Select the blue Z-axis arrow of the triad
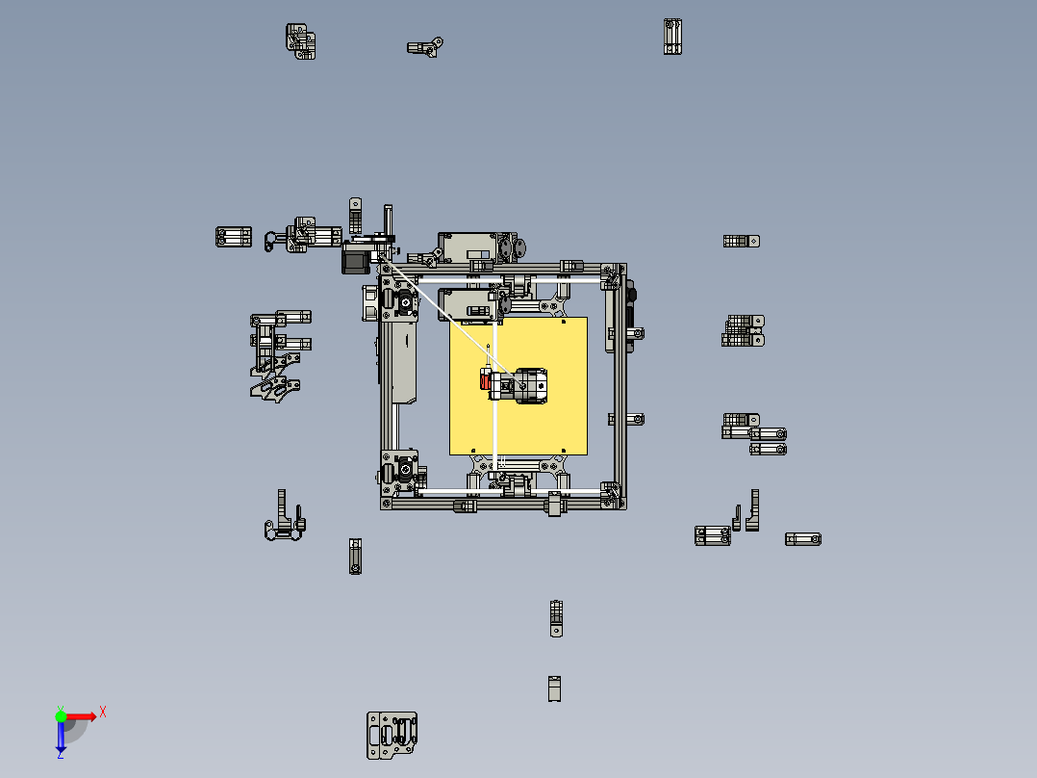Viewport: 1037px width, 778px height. pyautogui.click(x=61, y=738)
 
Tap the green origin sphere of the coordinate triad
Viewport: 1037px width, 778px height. pyautogui.click(x=61, y=715)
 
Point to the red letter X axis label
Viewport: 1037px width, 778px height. pyautogui.click(x=103, y=712)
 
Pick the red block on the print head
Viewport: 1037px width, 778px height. pyautogui.click(x=485, y=383)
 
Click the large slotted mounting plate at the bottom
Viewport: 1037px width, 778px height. pyautogui.click(x=392, y=736)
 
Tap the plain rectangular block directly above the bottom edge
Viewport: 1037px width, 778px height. pyautogui.click(x=554, y=688)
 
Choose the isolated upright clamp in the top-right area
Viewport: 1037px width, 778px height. pyautogui.click(x=672, y=37)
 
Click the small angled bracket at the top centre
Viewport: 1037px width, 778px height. pyautogui.click(x=424, y=47)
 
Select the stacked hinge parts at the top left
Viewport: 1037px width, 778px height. pyautogui.click(x=300, y=40)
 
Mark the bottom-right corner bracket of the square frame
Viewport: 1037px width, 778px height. pyautogui.click(x=609, y=496)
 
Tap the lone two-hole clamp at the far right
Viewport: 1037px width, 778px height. pyautogui.click(x=802, y=539)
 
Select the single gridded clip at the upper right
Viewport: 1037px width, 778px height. pyautogui.click(x=742, y=242)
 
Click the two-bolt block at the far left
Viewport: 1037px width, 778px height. pyautogui.click(x=233, y=237)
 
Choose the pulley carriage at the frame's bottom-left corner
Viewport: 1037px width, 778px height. pyautogui.click(x=402, y=472)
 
